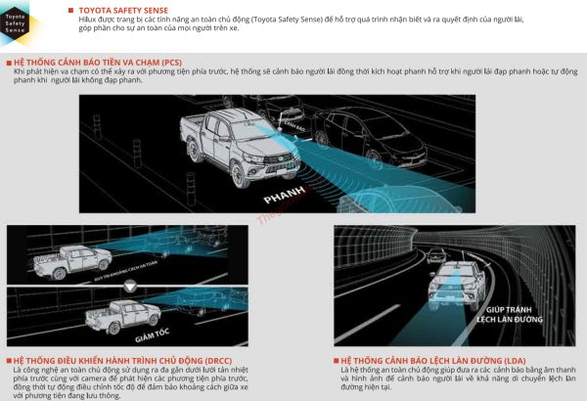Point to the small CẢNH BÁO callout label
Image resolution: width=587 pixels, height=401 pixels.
(x=293, y=127)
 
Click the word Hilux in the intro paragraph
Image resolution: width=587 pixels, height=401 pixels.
(x=90, y=20)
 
